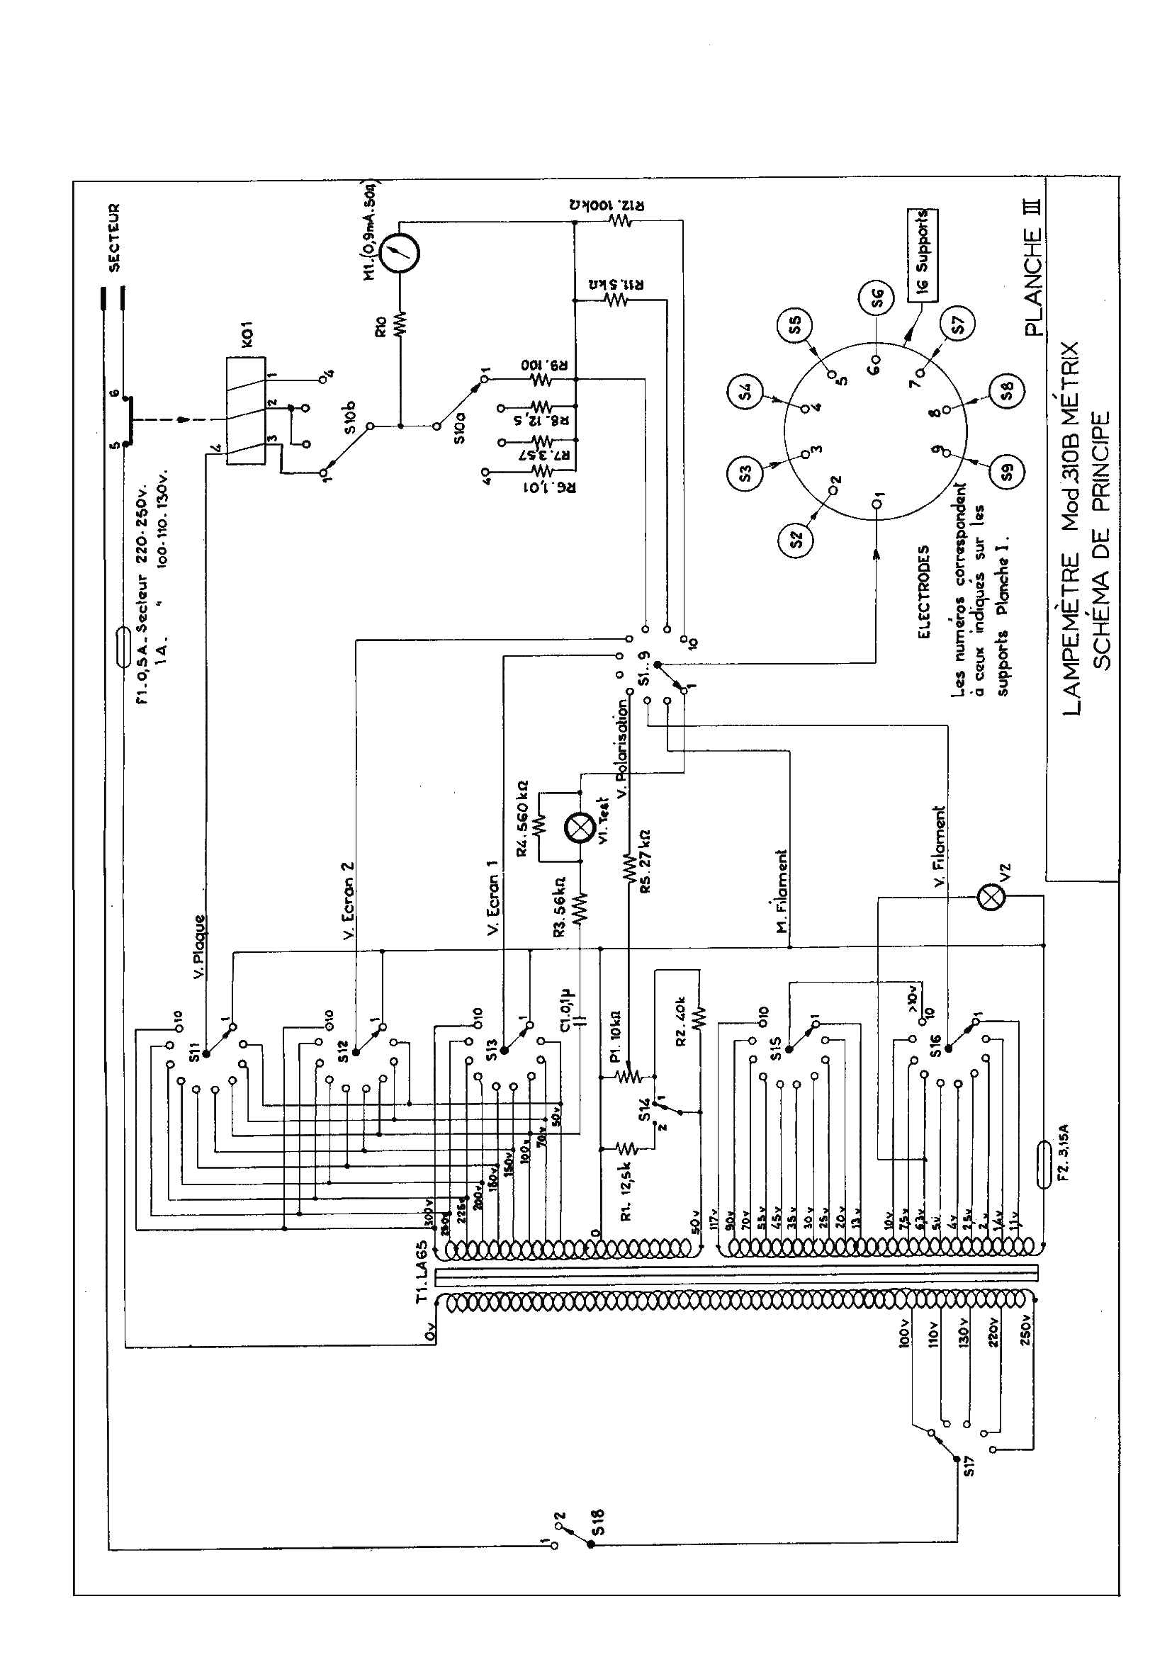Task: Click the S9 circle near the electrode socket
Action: click(x=1008, y=473)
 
